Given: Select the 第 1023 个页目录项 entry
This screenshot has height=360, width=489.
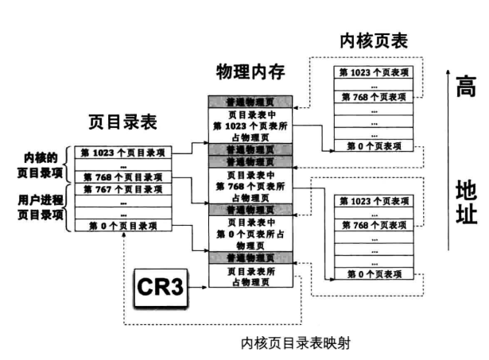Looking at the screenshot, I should [x=123, y=150].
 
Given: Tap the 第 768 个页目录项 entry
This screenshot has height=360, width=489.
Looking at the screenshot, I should [x=123, y=177].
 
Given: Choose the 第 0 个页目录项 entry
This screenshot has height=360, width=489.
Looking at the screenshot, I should [x=123, y=226].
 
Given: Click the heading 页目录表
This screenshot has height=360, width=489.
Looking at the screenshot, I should [x=122, y=122].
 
